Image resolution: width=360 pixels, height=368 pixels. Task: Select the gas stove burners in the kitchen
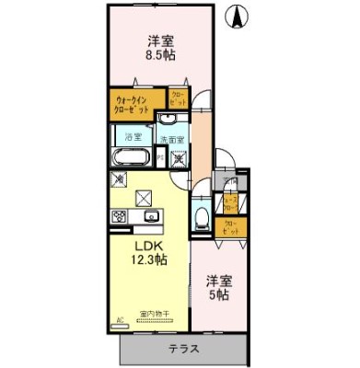(x=120, y=216)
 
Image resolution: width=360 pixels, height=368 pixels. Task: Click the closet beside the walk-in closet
(x=178, y=98)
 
